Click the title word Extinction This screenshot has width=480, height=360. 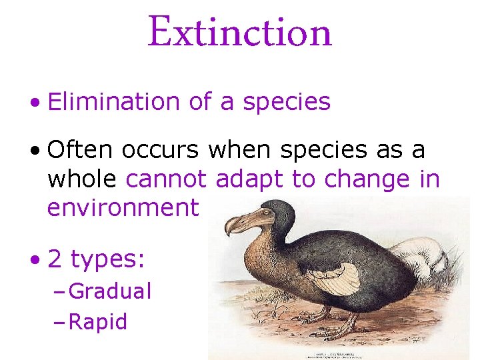point(239,31)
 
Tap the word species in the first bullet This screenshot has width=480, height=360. point(287,102)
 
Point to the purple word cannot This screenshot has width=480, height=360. point(169,179)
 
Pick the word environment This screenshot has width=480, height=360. point(123,208)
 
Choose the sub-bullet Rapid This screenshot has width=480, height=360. point(98,322)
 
